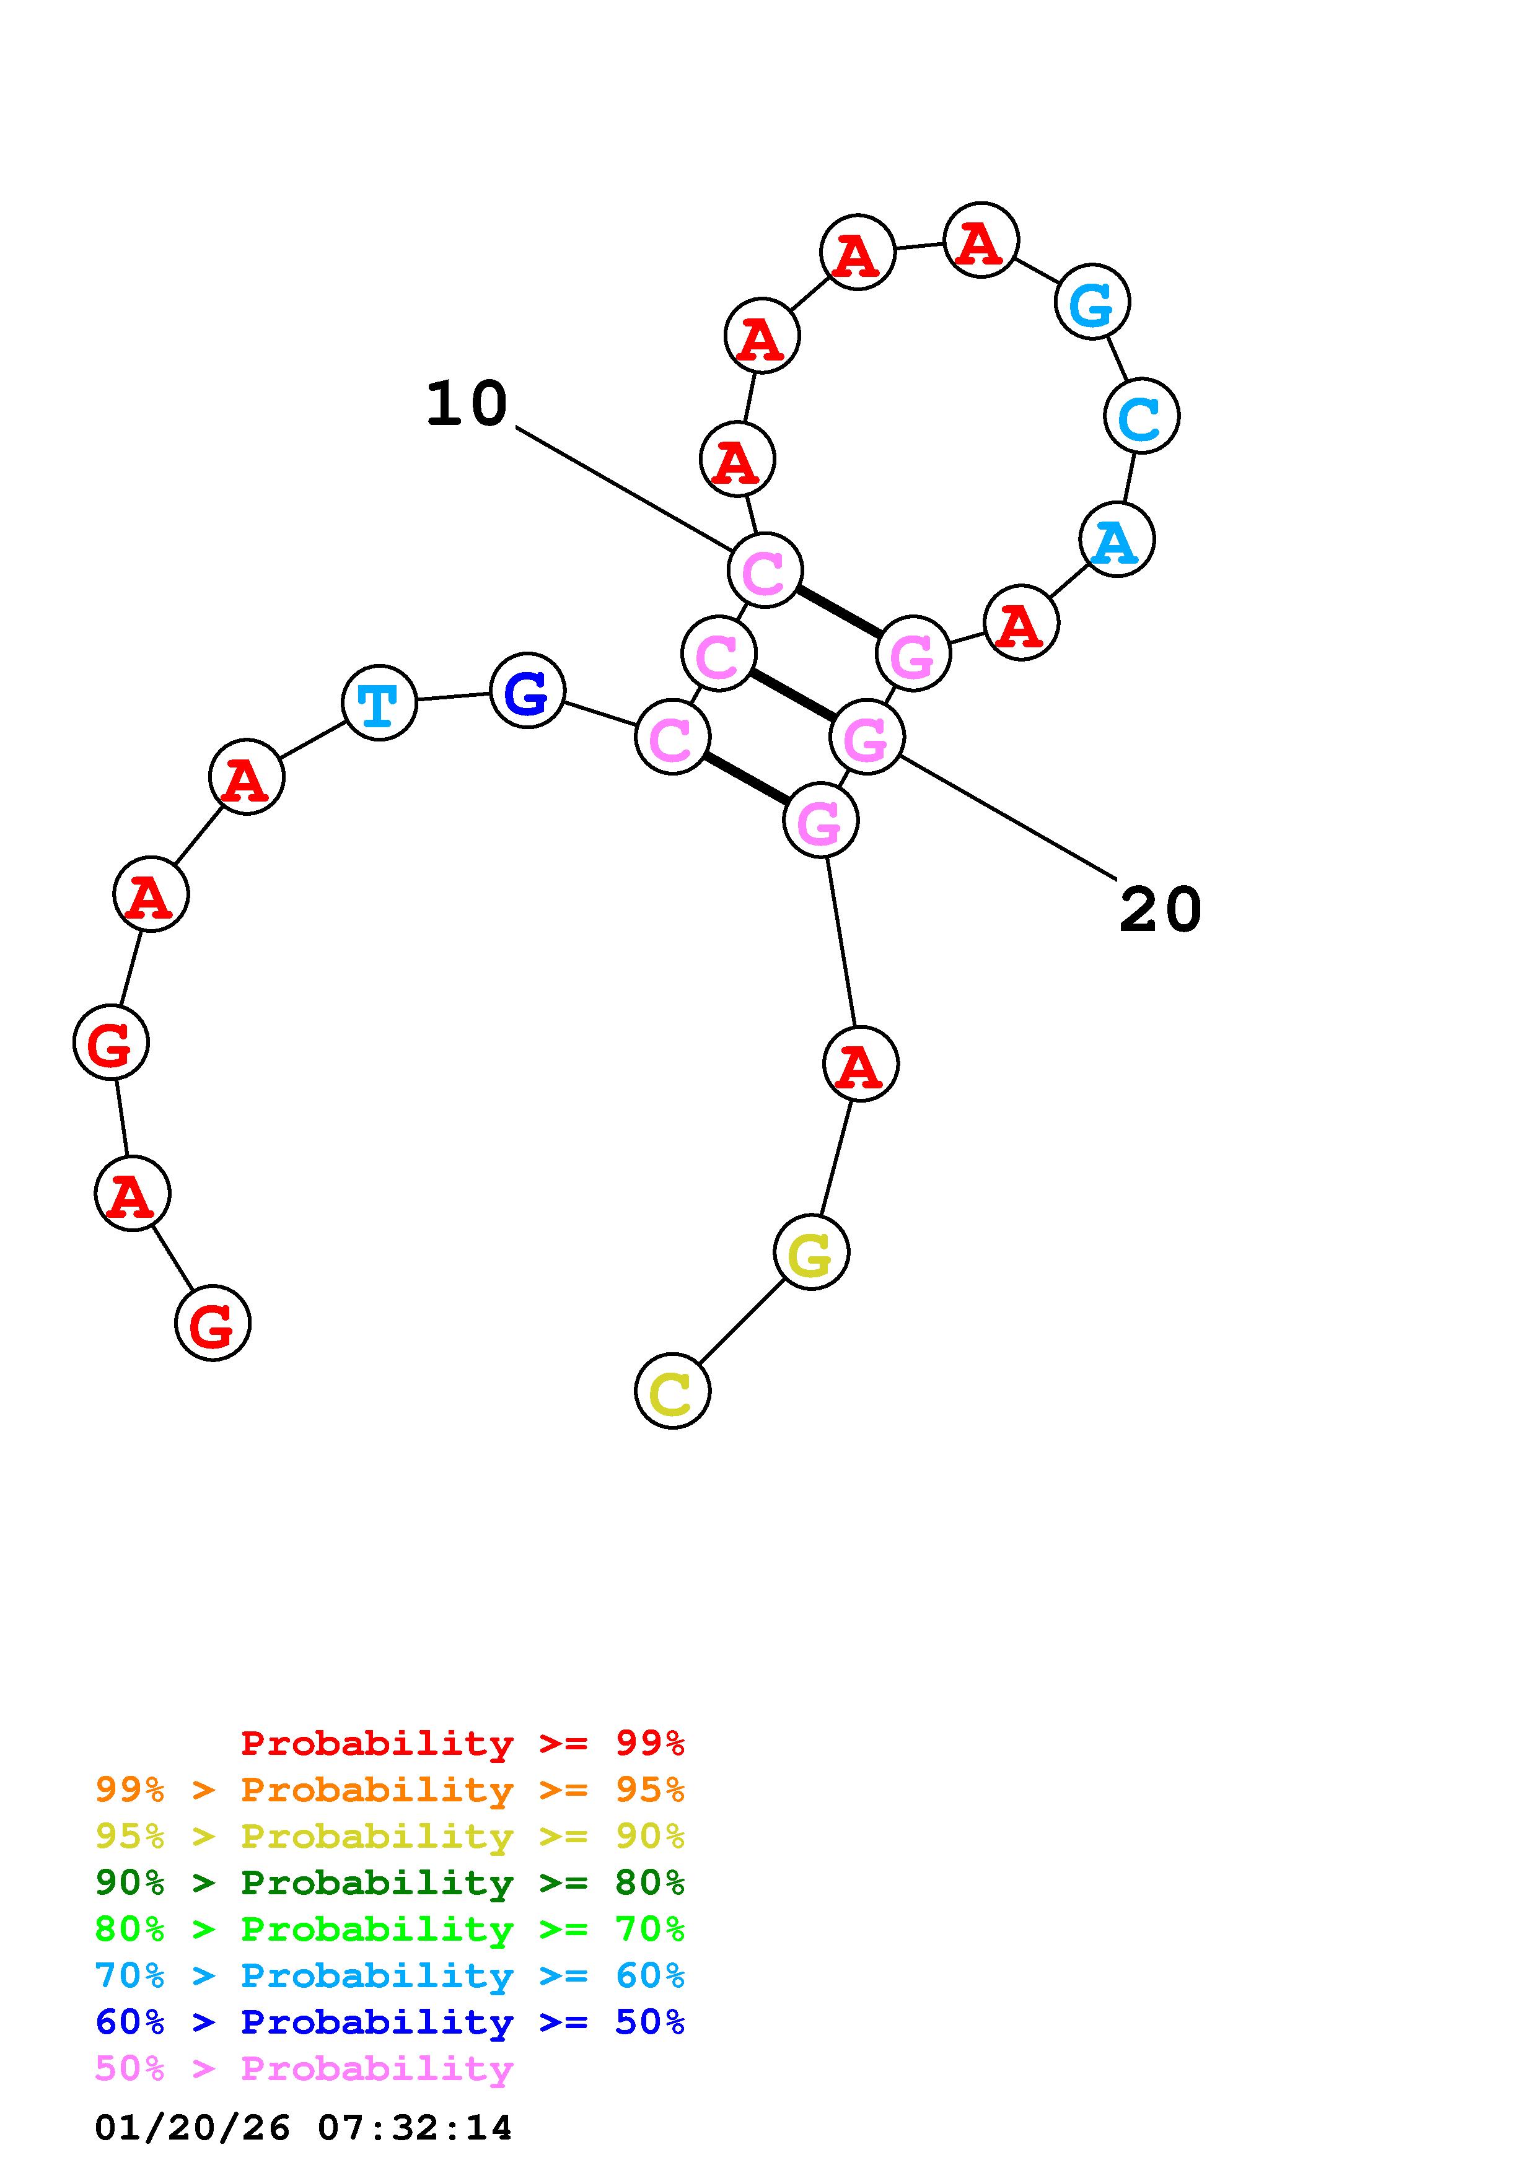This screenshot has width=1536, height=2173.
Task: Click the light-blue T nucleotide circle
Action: click(379, 702)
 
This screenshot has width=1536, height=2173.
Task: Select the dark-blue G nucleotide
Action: click(527, 690)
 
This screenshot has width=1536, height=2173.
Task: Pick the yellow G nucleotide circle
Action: click(811, 1252)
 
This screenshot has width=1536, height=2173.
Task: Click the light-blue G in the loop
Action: click(1092, 302)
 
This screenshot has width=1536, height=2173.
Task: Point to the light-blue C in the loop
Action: click(1141, 416)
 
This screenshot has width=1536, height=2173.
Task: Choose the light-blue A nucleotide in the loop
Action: click(1117, 540)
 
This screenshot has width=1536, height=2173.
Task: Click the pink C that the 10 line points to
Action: click(765, 570)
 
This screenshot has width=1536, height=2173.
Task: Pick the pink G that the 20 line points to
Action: click(867, 737)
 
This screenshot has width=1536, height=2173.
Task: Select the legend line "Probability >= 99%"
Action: click(462, 1742)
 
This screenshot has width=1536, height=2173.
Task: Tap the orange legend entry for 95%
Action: click(389, 1789)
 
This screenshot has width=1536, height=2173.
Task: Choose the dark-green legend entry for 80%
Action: click(389, 1882)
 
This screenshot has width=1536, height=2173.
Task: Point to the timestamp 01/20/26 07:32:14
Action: click(303, 2128)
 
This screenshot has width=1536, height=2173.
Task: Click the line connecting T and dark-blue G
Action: click(454, 697)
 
